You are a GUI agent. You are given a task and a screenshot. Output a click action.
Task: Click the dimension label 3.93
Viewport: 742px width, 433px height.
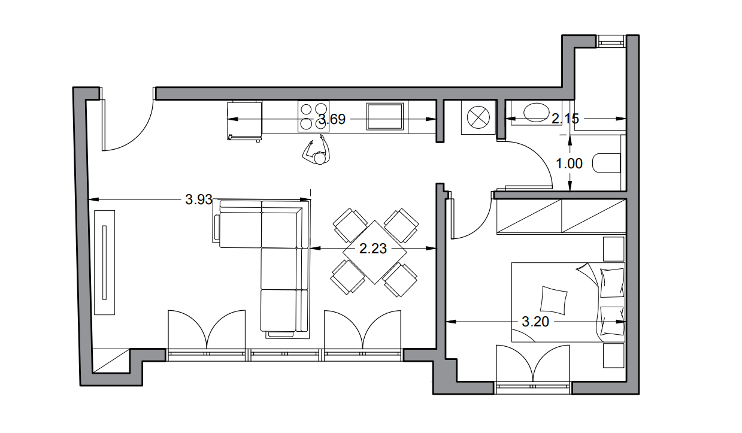click(199, 199)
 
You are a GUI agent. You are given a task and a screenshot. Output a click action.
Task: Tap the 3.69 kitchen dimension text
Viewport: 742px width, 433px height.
click(332, 119)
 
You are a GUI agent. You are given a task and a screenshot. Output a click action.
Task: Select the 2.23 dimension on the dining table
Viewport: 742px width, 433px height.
click(373, 249)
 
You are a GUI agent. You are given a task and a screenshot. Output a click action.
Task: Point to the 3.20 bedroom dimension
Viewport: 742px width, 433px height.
click(535, 322)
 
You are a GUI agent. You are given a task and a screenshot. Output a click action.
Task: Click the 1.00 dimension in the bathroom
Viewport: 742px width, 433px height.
click(569, 163)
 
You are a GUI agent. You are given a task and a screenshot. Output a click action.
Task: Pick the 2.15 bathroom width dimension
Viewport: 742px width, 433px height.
click(565, 119)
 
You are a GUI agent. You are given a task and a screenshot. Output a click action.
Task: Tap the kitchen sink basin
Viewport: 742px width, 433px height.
click(385, 116)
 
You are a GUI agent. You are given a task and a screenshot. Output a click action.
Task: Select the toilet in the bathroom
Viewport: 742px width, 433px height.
click(606, 163)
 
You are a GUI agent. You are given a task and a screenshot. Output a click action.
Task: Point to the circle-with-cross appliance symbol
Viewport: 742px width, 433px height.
click(478, 117)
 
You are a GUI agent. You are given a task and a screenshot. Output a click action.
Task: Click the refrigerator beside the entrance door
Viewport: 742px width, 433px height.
click(244, 121)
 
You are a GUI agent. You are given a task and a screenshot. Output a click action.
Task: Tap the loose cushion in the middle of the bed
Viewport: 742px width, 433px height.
click(553, 300)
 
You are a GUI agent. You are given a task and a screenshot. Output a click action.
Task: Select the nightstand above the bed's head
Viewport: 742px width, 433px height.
click(613, 249)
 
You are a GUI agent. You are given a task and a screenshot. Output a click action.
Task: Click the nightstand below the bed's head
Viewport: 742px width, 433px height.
click(613, 356)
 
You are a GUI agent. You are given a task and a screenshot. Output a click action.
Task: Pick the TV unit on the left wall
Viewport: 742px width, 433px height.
click(105, 262)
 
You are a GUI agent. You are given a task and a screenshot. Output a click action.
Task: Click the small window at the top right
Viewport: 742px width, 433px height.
click(611, 42)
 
